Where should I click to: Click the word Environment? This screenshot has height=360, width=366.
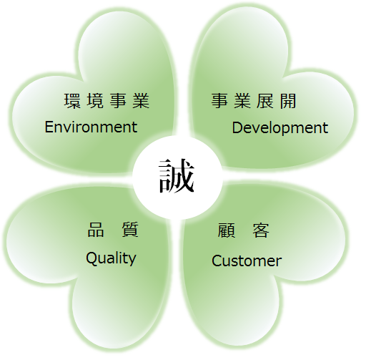(x=91, y=127)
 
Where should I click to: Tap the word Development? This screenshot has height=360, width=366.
(x=280, y=128)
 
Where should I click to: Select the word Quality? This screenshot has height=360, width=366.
(x=111, y=258)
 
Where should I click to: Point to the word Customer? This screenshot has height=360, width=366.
(x=247, y=261)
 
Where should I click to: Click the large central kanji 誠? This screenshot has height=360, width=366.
(x=177, y=176)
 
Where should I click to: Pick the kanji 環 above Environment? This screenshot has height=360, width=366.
(x=72, y=101)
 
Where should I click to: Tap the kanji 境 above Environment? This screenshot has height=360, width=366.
(x=95, y=101)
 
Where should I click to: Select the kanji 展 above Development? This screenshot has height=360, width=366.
(x=264, y=101)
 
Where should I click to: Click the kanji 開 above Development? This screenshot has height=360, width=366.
(x=288, y=101)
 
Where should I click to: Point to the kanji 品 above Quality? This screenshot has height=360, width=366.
(x=96, y=230)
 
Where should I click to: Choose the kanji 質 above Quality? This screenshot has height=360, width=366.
(x=130, y=230)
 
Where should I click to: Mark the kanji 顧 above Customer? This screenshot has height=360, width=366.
(x=227, y=230)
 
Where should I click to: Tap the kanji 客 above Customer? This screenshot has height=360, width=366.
(x=261, y=230)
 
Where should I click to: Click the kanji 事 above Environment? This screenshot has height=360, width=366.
(x=118, y=101)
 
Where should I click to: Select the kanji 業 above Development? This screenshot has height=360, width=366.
(x=242, y=101)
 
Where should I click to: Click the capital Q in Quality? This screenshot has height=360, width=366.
(x=91, y=258)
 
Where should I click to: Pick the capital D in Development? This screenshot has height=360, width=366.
(x=237, y=127)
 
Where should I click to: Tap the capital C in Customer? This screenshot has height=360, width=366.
(x=217, y=261)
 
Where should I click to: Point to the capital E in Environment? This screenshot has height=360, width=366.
(x=49, y=127)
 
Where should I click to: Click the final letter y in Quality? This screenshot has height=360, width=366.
(x=132, y=261)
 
